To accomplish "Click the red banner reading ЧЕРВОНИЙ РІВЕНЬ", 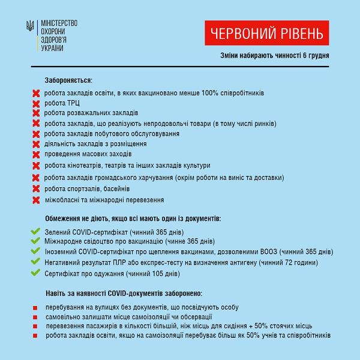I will (x=267, y=33).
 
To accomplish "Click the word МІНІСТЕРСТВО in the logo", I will (x=58, y=23).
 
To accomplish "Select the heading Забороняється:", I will (x=68, y=80).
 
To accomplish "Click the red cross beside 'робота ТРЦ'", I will (x=35, y=103).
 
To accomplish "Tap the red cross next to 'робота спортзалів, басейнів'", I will (x=35, y=189).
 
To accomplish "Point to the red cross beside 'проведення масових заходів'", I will (x=35, y=154).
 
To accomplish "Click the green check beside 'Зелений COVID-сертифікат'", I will (x=35, y=232).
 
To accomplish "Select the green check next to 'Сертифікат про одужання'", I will (x=35, y=273).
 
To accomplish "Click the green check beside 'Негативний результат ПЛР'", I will (x=35, y=263).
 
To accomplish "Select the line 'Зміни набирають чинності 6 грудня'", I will (x=274, y=56).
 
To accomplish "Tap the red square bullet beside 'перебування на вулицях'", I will (x=35, y=307).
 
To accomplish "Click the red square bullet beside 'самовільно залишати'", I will (x=35, y=317).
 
